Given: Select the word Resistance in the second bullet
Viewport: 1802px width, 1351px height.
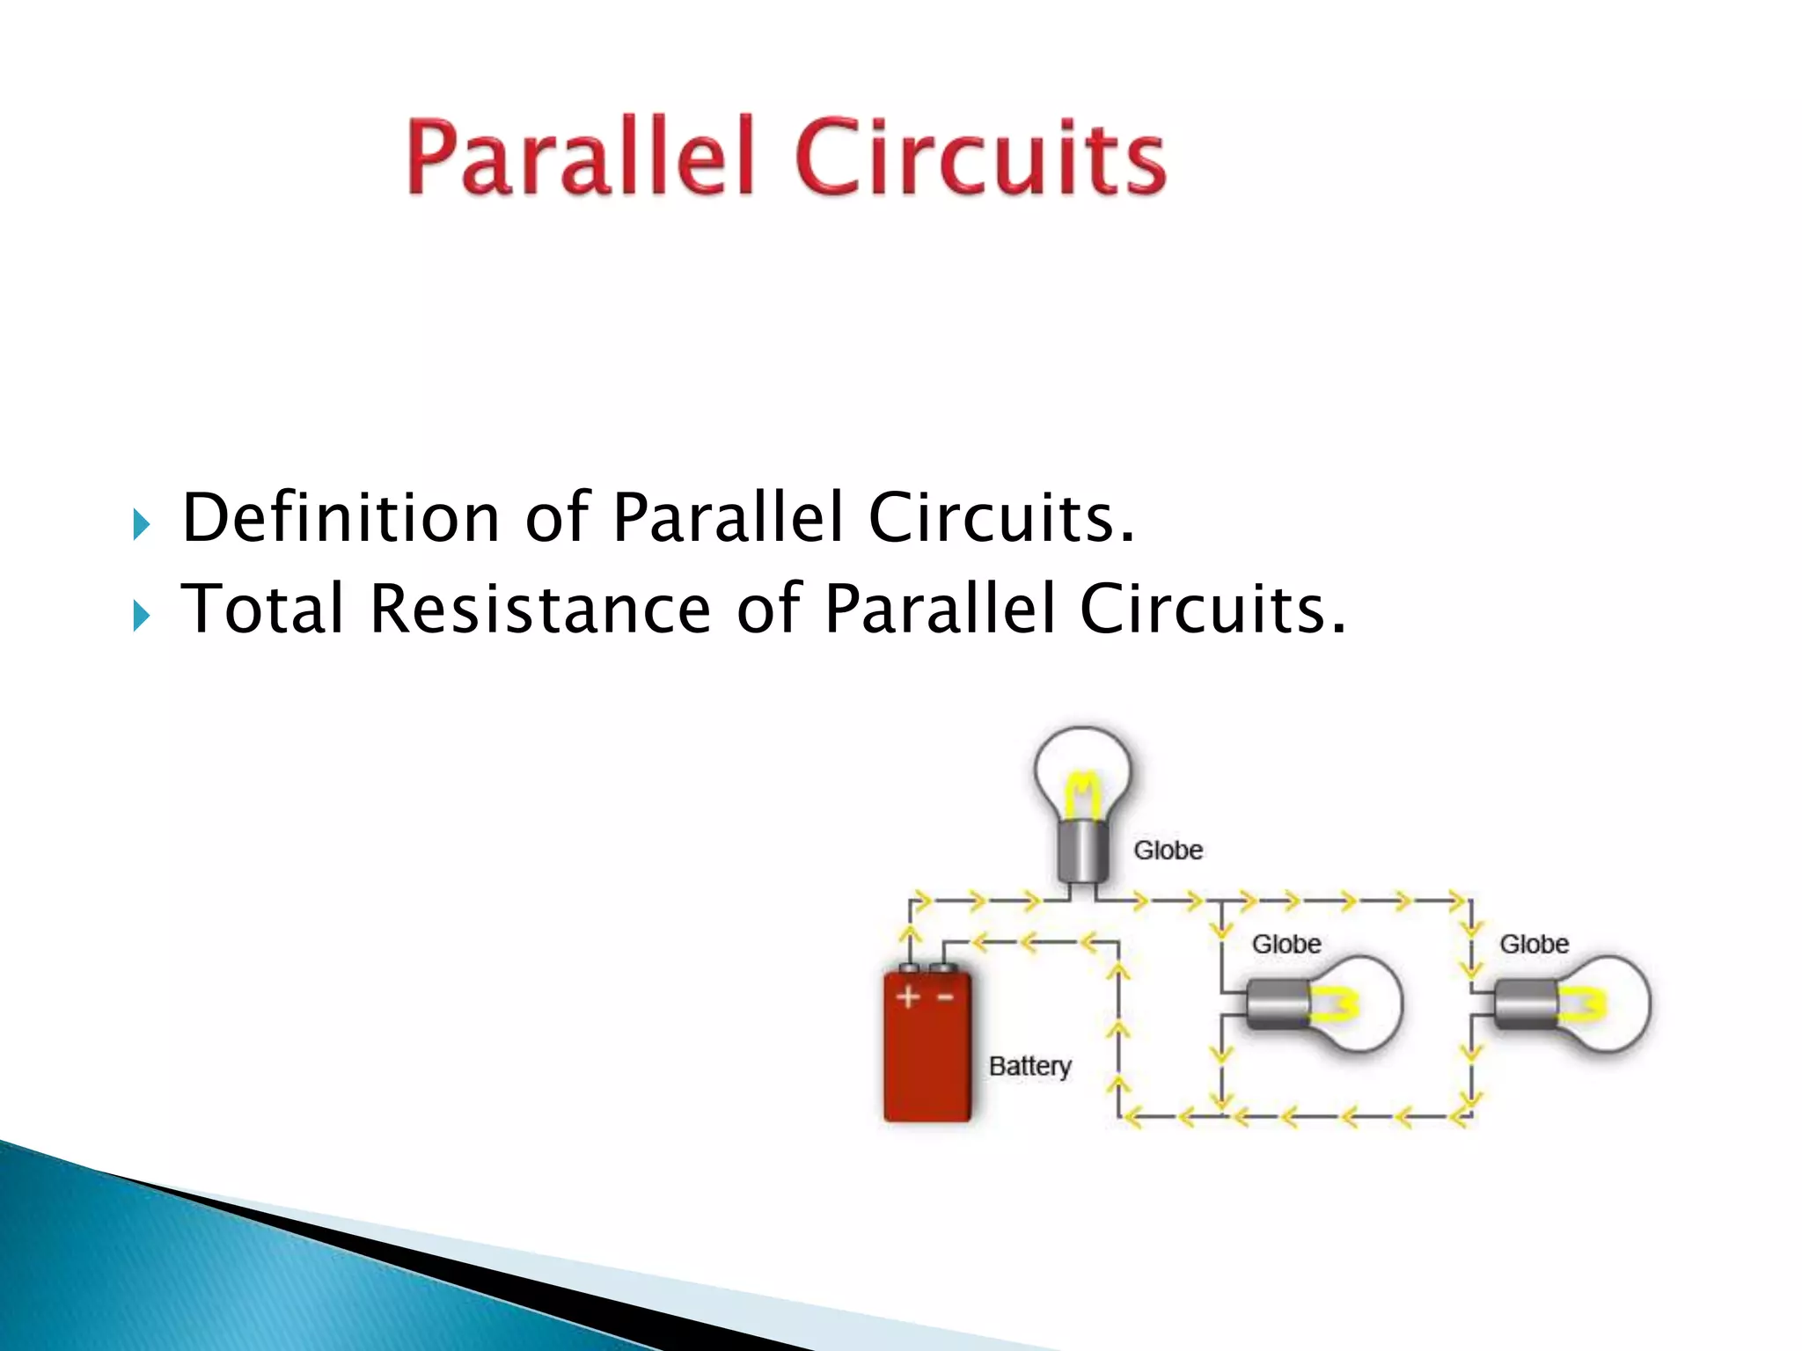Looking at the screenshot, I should click(x=540, y=609).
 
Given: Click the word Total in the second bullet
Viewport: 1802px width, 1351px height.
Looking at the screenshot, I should click(x=262, y=609).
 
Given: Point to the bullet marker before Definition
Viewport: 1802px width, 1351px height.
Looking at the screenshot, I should click(x=142, y=525).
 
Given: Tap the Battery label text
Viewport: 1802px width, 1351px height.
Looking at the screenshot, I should click(x=1029, y=1066).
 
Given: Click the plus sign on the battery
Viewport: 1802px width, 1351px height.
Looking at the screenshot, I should click(x=908, y=997).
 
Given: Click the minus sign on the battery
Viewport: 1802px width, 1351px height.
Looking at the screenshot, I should click(x=945, y=997).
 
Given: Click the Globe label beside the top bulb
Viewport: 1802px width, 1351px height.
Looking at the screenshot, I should click(x=1168, y=851).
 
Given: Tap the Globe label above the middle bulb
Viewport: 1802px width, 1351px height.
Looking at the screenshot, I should click(x=1286, y=944).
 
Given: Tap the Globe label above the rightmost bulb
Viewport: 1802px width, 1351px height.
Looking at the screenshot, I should click(x=1535, y=944).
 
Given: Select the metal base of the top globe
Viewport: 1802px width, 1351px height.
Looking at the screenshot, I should click(x=1083, y=851).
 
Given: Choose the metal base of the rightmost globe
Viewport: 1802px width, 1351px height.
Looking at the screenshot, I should click(x=1527, y=1004).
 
